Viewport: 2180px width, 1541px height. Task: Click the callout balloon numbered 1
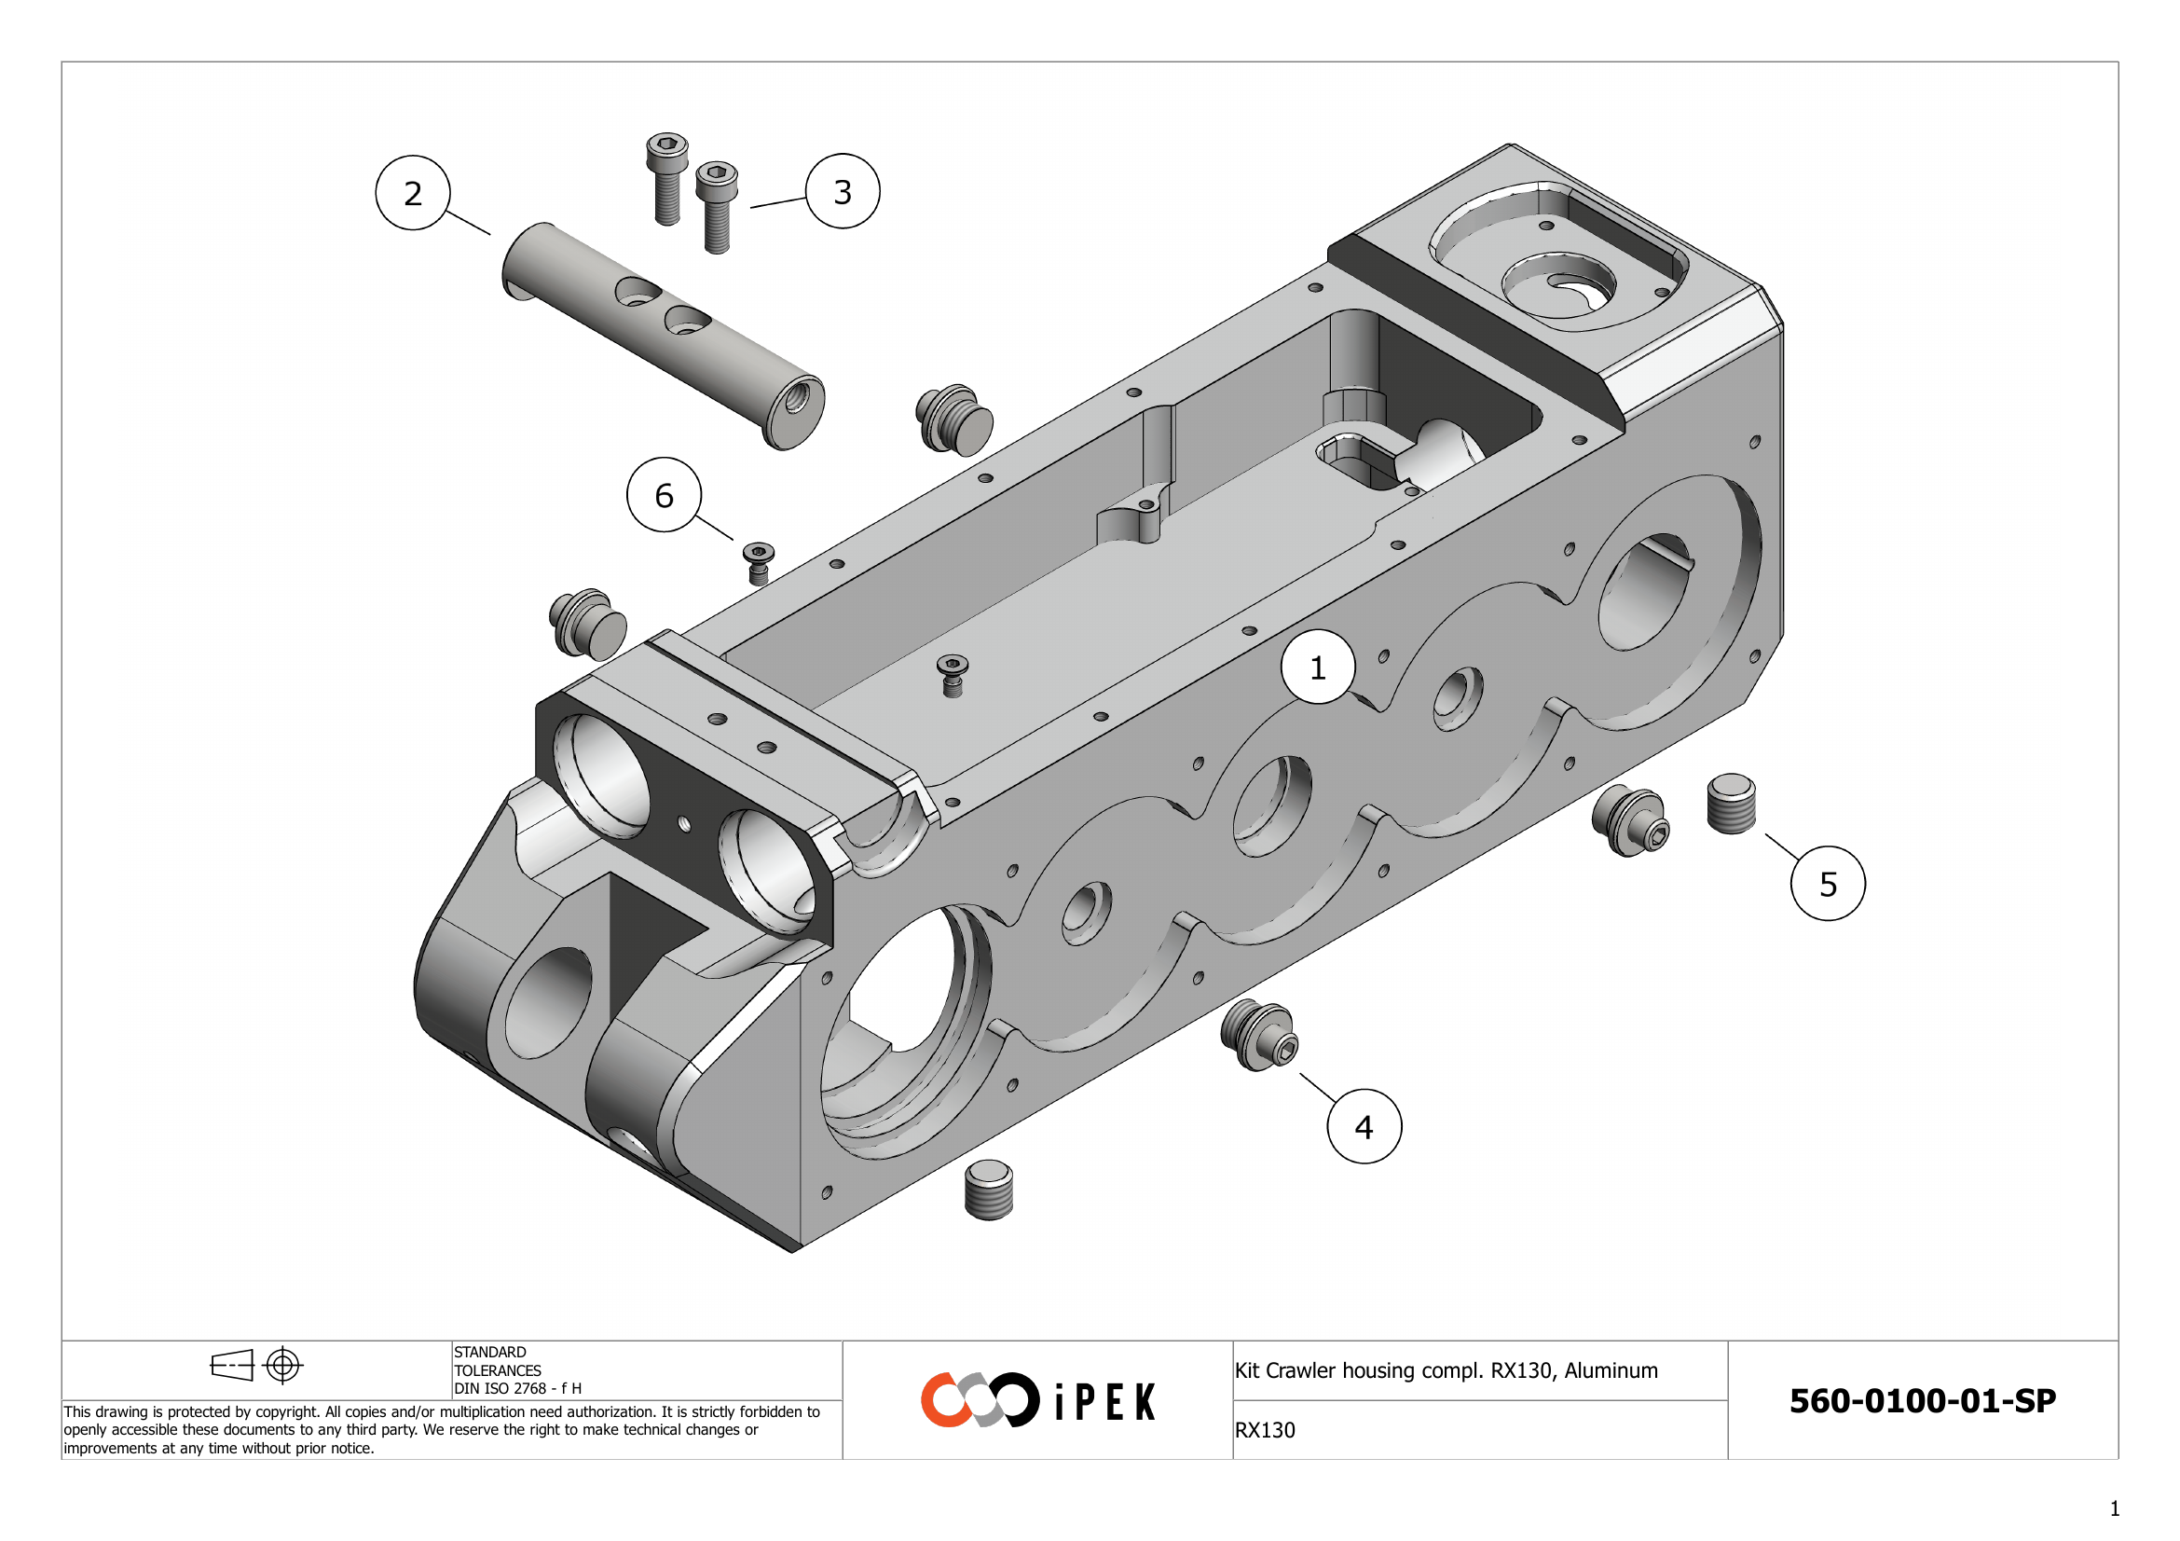(1317, 667)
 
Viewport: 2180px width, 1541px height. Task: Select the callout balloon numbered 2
(412, 193)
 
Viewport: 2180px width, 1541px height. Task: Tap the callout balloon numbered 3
(843, 192)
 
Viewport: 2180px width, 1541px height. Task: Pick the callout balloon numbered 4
(1364, 1127)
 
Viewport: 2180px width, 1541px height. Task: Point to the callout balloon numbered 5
(1828, 884)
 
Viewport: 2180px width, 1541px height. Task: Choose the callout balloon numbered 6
(664, 495)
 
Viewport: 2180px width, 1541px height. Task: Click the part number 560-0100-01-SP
(1922, 1400)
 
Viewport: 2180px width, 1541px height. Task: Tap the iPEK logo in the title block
(1037, 1399)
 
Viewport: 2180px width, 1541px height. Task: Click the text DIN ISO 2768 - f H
(517, 1388)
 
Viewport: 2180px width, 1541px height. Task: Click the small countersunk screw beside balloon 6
(758, 562)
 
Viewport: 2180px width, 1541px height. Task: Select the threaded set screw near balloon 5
(1731, 804)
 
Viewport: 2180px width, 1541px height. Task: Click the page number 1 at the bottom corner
(2115, 1508)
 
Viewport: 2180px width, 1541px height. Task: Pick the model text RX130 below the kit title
(1265, 1430)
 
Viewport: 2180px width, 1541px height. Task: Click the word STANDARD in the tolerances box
(490, 1352)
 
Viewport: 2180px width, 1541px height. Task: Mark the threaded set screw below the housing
(988, 1190)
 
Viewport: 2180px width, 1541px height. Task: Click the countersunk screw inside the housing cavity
(953, 674)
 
